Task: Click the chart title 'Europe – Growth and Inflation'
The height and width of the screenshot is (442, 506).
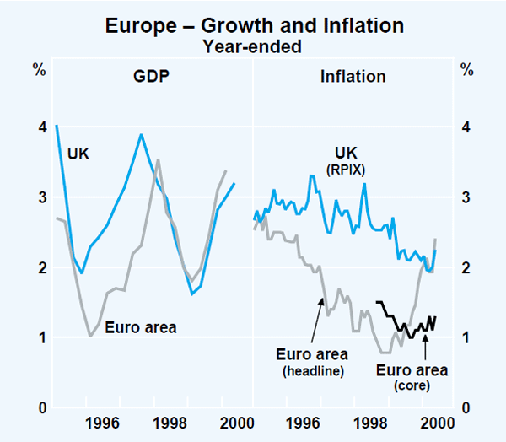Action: [254, 26]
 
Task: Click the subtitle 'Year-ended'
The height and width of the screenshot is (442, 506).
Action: [254, 46]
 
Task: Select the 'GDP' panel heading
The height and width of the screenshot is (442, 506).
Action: [152, 77]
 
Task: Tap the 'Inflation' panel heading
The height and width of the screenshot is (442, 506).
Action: [353, 77]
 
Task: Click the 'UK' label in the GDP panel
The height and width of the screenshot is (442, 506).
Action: [78, 154]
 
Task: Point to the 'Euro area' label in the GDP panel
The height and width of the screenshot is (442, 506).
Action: [141, 327]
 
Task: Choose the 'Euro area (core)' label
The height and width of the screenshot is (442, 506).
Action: [412, 377]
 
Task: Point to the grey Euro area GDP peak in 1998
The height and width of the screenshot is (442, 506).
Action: [158, 159]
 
